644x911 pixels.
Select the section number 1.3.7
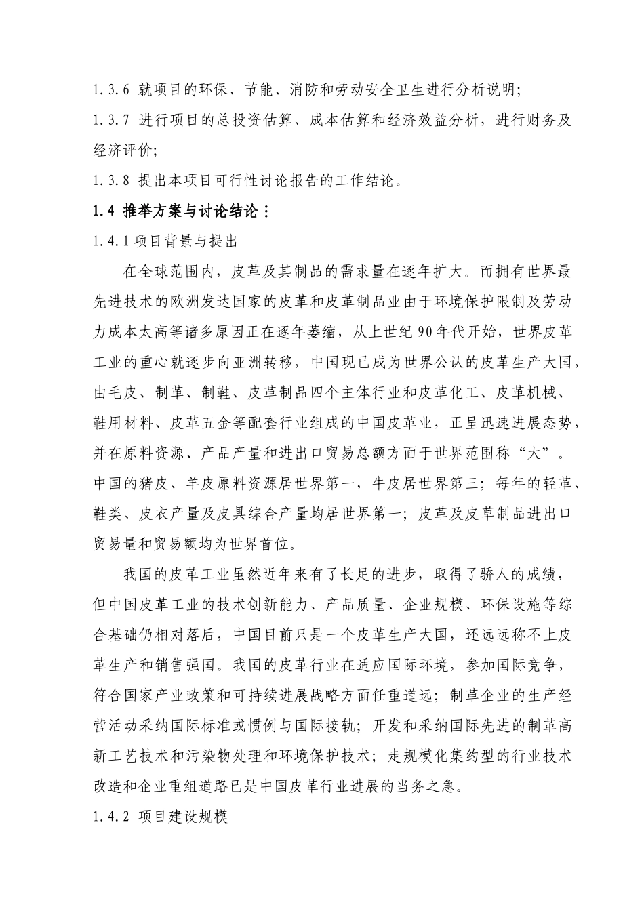pyautogui.click(x=111, y=120)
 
